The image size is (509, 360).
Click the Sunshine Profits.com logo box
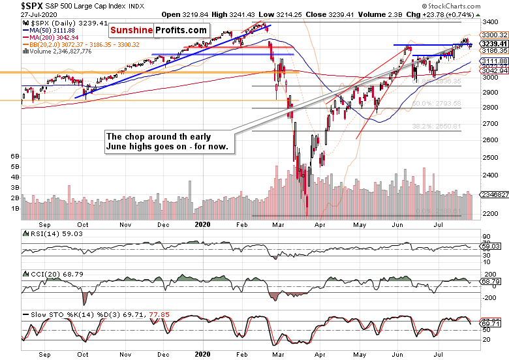[x=159, y=30]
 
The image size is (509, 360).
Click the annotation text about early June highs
[x=168, y=142]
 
